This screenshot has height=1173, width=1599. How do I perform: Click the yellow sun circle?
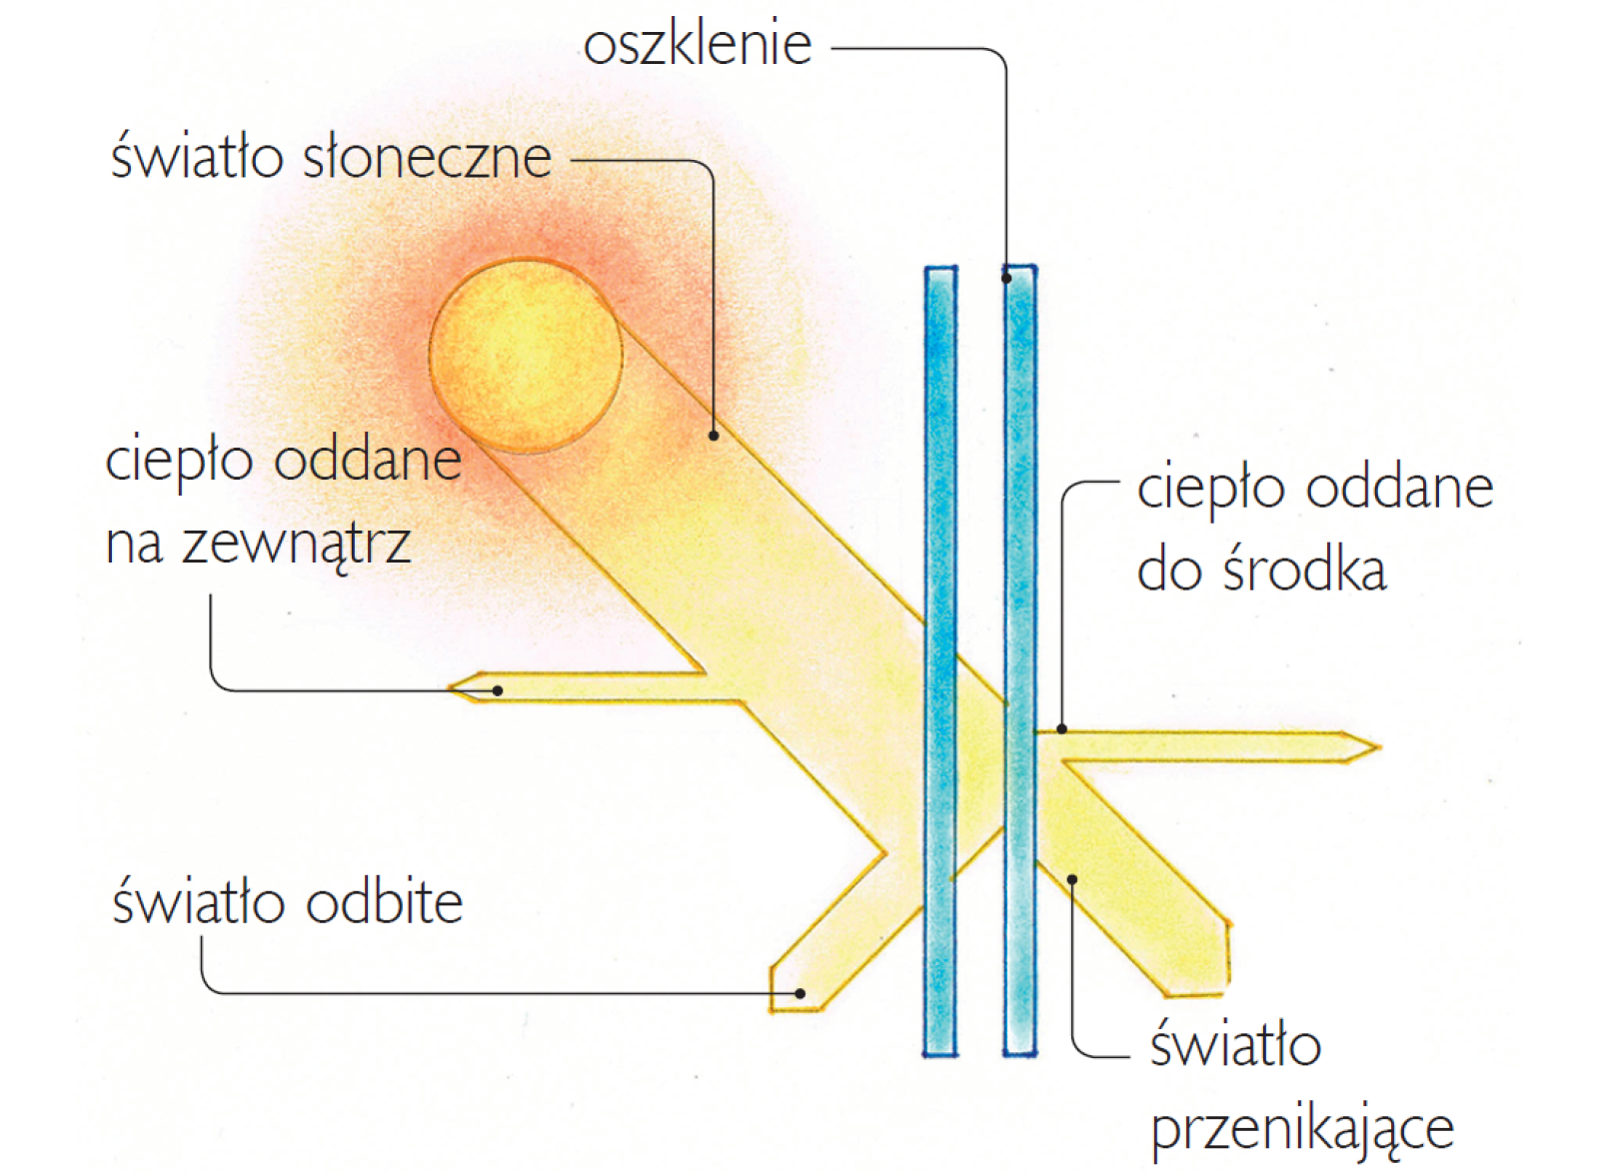pos(526,356)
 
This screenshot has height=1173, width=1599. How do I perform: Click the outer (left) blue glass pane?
pos(940,660)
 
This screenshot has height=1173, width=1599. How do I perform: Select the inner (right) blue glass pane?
pos(1020,660)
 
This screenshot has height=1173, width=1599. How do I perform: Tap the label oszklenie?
pos(698,44)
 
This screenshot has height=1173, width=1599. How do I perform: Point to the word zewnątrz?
pos(296,545)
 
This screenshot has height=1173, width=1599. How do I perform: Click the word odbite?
pos(385,902)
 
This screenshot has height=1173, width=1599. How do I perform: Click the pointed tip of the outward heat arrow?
pos(449,687)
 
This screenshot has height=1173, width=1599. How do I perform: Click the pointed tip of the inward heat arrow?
pos(1380,747)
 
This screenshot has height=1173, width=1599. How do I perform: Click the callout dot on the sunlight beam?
pos(714,436)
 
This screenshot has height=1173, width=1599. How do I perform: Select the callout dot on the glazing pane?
pos(1006,279)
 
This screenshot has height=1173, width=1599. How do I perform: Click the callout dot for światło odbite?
pos(800,993)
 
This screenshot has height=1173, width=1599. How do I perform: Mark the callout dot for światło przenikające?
pos(1072,879)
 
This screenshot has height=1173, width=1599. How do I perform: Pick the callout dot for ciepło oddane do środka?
pos(1062,729)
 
